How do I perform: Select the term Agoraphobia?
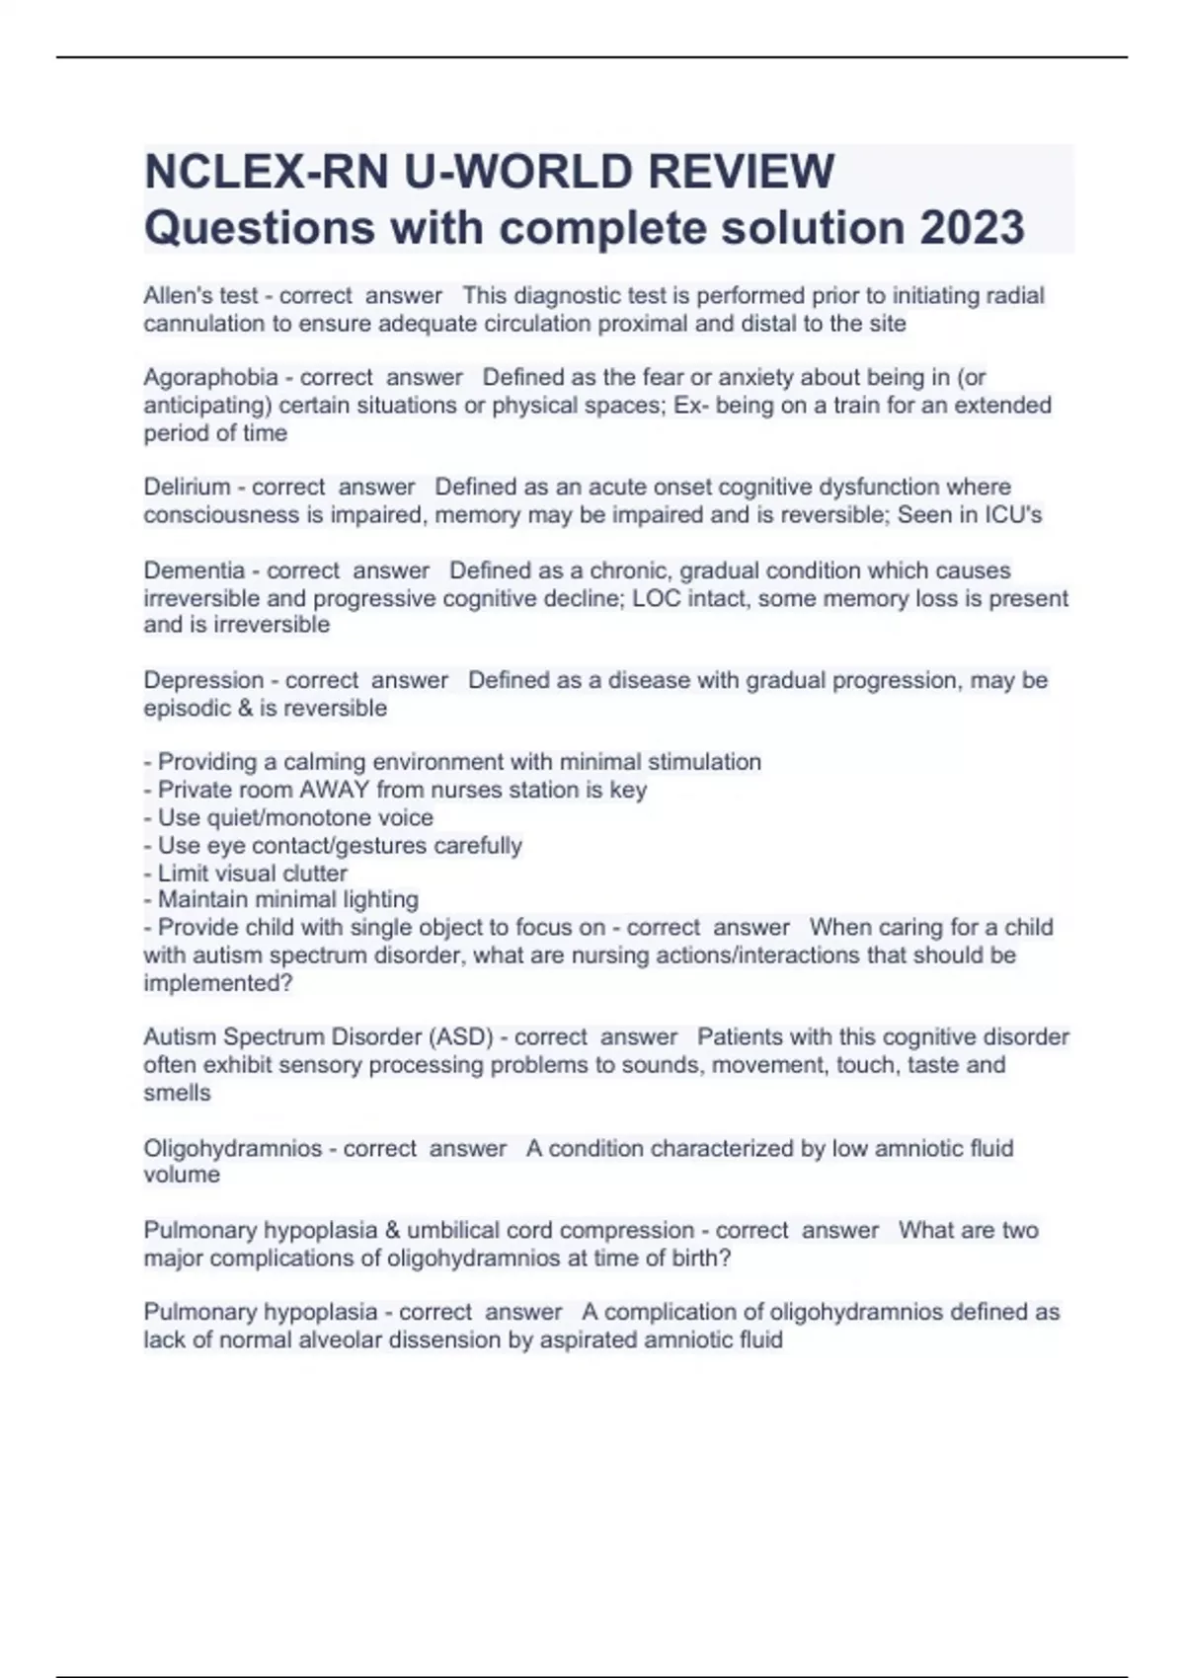point(210,377)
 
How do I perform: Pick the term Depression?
point(203,680)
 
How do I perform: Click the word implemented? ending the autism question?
point(218,983)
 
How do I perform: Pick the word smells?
point(177,1093)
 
